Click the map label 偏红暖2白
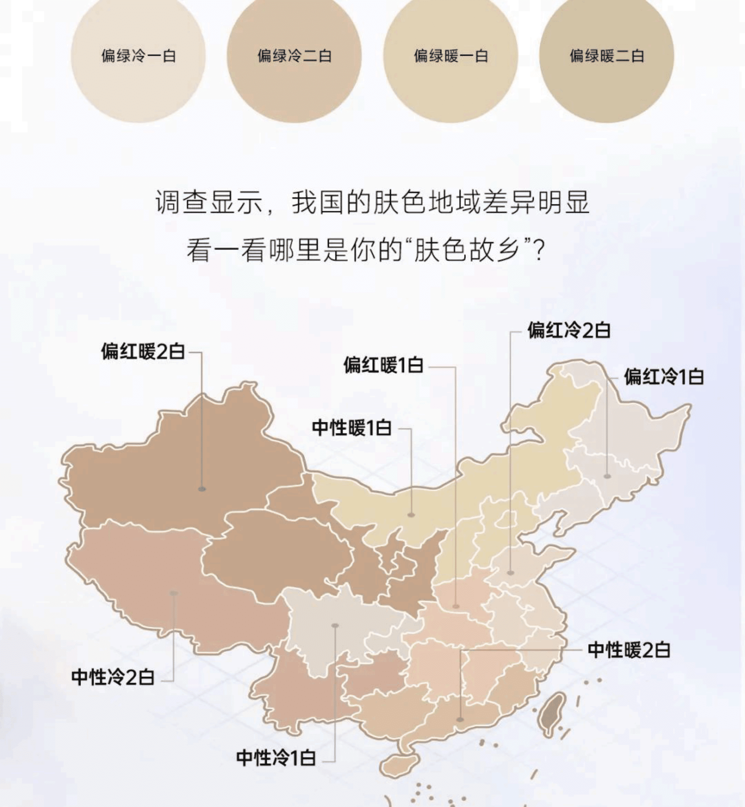[x=143, y=351]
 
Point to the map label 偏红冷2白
[x=569, y=330]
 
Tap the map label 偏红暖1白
[x=383, y=365]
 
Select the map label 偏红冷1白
[x=664, y=377]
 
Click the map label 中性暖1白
[x=351, y=428]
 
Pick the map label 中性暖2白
[x=629, y=650]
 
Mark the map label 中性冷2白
[x=113, y=678]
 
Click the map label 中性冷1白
[x=276, y=758]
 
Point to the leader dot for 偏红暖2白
[x=202, y=489]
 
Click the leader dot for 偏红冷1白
[x=608, y=477]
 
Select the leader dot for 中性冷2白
[x=174, y=593]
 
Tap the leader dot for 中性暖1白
[x=411, y=515]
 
